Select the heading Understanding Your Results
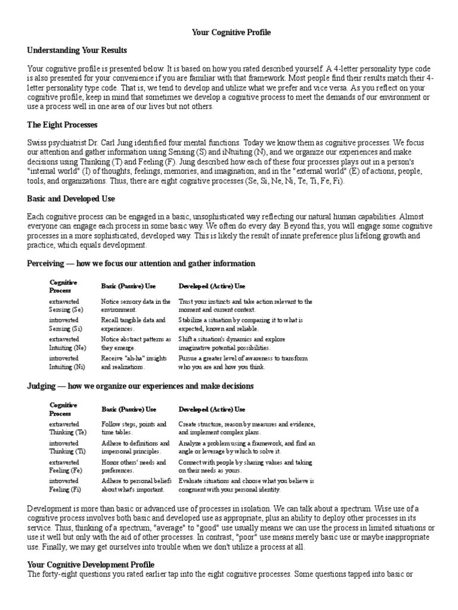pos(77,50)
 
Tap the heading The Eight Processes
pos(63,125)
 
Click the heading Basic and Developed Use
pos(71,198)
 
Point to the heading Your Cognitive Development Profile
pos(91,564)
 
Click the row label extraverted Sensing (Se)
pos(66,306)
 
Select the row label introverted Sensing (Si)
pos(66,324)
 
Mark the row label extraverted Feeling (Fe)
pos(66,466)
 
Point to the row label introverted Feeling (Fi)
pos(66,485)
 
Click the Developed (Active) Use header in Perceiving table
pos(212,287)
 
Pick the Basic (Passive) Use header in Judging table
pos(128,409)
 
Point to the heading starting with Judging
pos(140,386)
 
